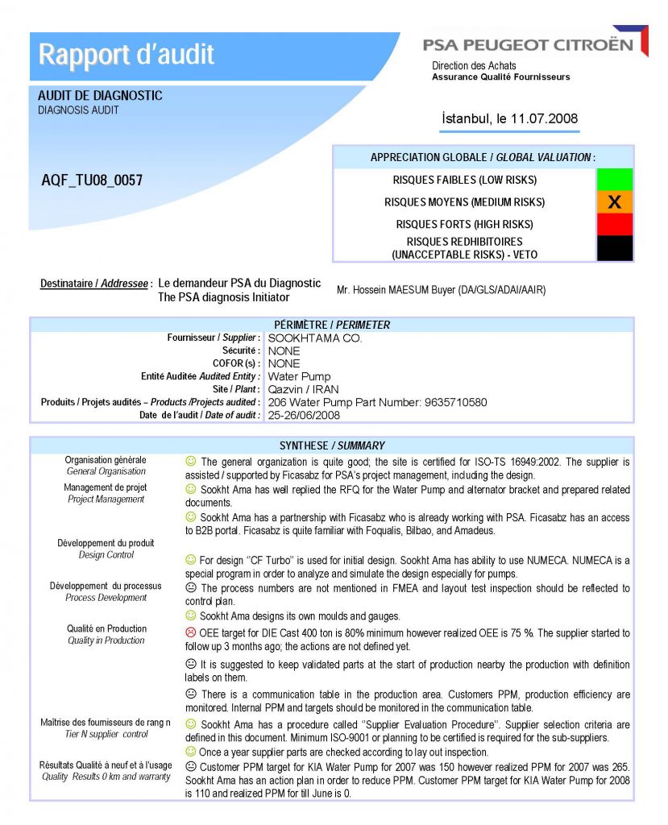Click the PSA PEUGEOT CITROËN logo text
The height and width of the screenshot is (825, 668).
(x=528, y=45)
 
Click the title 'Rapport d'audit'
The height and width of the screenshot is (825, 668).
(x=127, y=55)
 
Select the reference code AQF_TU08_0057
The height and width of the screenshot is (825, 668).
(x=92, y=180)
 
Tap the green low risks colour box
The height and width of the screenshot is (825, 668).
(x=614, y=180)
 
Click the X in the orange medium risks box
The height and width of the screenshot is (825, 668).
(x=614, y=202)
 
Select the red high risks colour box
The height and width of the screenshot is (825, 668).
(x=614, y=224)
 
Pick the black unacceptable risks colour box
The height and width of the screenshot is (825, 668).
(x=614, y=247)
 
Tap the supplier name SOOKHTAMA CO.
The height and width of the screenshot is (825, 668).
(x=315, y=338)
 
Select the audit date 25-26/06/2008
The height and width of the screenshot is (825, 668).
(x=304, y=415)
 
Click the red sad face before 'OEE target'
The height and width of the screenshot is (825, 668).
(x=191, y=633)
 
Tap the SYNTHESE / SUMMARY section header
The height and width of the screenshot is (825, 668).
(x=332, y=446)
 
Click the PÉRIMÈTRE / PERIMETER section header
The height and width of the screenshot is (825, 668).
(x=332, y=325)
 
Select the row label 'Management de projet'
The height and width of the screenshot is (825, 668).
(x=106, y=487)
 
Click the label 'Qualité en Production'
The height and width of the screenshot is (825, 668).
(x=106, y=628)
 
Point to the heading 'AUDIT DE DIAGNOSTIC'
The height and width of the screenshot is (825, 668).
(x=100, y=96)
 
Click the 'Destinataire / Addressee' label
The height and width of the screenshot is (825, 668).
(x=96, y=284)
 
